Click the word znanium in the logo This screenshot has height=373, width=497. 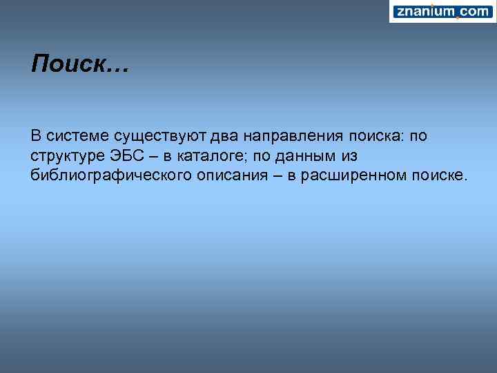coord(425,11)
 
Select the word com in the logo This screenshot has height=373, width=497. coord(474,11)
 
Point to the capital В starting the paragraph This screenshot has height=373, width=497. coord(36,136)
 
